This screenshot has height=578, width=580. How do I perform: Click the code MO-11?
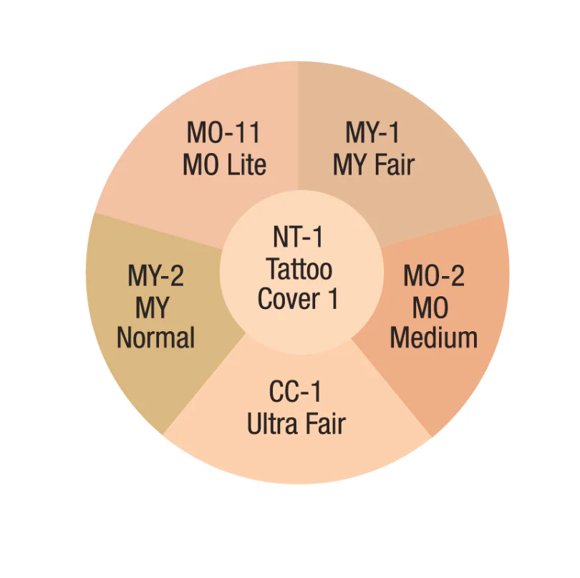(223, 132)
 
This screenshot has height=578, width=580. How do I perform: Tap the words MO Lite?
(225, 165)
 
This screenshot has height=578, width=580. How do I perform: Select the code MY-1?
(372, 132)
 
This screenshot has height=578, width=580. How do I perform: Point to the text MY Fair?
(374, 165)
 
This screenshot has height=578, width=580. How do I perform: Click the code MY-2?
(155, 275)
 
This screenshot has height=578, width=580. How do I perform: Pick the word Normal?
(155, 338)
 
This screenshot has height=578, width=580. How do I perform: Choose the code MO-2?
(434, 275)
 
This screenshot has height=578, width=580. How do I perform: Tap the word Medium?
(434, 338)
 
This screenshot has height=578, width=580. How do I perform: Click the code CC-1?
(295, 391)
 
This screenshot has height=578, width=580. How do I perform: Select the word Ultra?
(272, 423)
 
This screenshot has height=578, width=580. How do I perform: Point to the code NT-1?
(298, 237)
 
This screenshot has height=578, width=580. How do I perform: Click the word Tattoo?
(299, 269)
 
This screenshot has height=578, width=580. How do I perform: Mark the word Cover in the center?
(289, 298)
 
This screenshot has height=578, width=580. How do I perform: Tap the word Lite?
(246, 165)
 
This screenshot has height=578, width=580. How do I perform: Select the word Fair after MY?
(395, 165)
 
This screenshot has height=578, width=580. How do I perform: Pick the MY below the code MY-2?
(152, 308)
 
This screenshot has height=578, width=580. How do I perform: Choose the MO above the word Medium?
(430, 308)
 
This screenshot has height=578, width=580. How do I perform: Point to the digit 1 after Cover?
(333, 298)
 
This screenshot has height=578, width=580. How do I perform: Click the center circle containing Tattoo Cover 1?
(301, 273)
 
